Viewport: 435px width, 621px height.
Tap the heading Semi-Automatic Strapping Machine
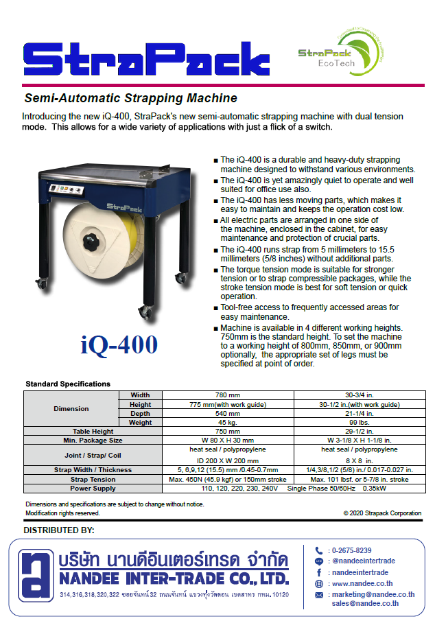click(x=130, y=98)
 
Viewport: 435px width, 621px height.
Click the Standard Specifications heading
click(x=68, y=384)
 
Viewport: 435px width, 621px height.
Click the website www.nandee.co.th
click(x=361, y=583)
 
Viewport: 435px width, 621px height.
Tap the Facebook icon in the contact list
click(x=319, y=572)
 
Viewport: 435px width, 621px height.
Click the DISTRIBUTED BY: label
click(x=59, y=530)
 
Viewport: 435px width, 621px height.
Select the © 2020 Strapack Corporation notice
click(x=382, y=513)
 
